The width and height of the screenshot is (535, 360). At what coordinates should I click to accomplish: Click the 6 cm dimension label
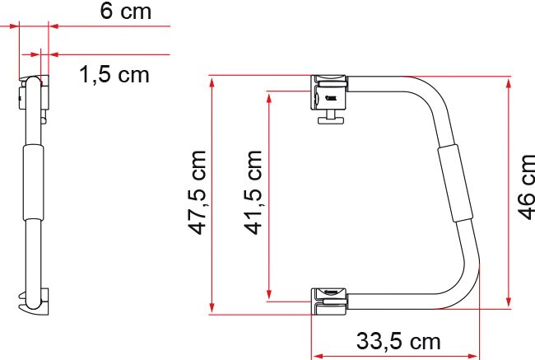126,11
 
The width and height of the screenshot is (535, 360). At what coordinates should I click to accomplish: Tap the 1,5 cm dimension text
114,74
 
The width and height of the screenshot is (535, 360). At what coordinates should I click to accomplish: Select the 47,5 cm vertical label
198,193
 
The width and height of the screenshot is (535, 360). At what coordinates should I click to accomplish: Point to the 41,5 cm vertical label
253,193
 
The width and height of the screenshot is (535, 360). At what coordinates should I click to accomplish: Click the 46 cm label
526,187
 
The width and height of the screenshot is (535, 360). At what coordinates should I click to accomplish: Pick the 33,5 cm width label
398,341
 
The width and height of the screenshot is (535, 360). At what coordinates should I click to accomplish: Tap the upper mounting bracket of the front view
328,92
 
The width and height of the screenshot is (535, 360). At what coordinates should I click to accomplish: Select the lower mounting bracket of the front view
329,302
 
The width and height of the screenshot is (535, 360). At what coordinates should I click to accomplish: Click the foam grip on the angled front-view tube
455,183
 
